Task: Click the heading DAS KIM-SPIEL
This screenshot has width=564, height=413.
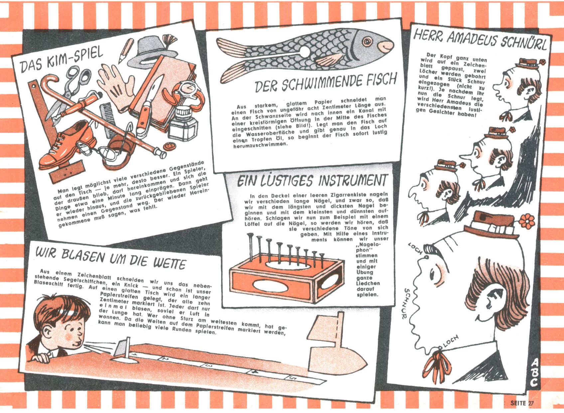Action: [62, 60]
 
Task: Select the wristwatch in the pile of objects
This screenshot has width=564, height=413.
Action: [188, 93]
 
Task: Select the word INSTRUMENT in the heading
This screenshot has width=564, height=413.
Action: [352, 181]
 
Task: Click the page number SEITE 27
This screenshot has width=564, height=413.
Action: [522, 403]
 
